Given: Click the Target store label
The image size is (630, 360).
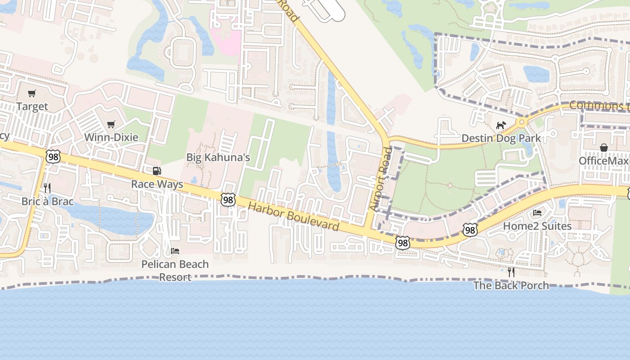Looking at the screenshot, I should [32, 107].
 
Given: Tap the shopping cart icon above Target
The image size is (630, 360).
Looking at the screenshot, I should [31, 94].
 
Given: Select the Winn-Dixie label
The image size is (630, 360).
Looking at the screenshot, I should [111, 137].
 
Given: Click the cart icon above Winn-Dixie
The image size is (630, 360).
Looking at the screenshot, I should [111, 124].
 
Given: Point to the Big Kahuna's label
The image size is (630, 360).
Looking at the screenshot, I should [218, 157].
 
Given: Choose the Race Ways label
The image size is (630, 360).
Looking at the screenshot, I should [157, 184].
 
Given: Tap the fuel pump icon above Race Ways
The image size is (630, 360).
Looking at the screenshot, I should [157, 171].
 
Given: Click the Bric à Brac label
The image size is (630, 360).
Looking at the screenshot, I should [47, 201].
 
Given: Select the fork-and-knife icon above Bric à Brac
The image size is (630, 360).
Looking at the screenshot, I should [47, 188].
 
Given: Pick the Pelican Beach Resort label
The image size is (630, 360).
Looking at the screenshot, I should [175, 270].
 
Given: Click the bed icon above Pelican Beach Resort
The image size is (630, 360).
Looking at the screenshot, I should [175, 251].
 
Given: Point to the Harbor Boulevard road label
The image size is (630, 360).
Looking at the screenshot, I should [293, 216].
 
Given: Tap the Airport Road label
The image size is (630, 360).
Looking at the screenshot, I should [381, 179].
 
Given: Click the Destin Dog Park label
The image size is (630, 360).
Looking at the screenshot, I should [501, 138].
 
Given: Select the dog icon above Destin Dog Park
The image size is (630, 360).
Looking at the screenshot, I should [501, 125].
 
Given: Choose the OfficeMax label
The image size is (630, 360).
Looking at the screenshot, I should [603, 161].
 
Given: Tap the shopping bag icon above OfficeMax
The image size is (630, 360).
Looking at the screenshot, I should [603, 148].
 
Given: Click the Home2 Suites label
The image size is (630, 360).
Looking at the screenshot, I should [537, 226].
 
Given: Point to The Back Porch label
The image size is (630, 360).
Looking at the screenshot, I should [511, 285].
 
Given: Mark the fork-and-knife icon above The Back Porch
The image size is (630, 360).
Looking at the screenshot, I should [511, 272].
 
